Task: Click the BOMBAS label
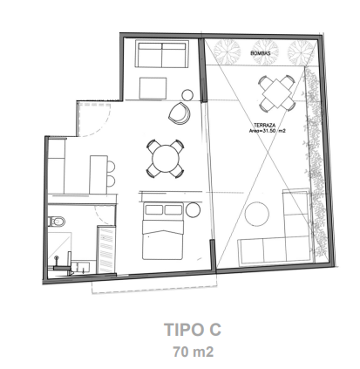coord(261,53)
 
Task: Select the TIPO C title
coord(193,330)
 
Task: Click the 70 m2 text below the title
coord(194,352)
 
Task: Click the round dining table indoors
coord(166,159)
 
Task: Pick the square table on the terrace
coord(277,93)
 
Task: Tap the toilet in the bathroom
coord(57,222)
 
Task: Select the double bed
coord(162,231)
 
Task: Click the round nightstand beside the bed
coord(193,210)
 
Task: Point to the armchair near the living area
coord(180,113)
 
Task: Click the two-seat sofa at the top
coord(161,54)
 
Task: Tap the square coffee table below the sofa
coord(153,88)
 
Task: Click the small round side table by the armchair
coord(187,95)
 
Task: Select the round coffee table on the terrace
coord(257,215)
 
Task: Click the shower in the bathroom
coord(59,247)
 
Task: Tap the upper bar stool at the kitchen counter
coord(111,167)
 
